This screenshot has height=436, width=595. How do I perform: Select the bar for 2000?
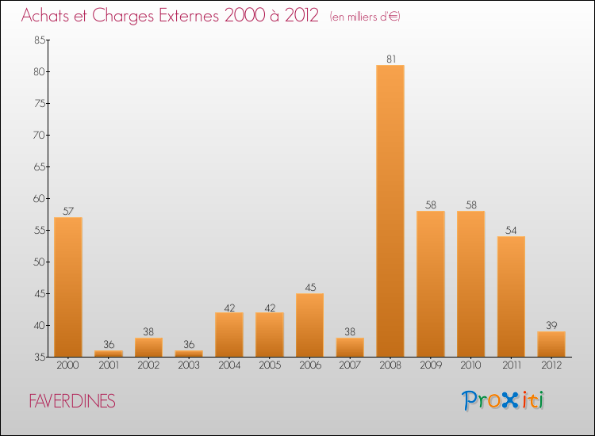[x=68, y=287]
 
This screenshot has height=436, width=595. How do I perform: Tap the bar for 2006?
[x=309, y=325]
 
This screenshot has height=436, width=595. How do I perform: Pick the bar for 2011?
[x=511, y=296]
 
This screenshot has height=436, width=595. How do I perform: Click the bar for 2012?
[x=551, y=344]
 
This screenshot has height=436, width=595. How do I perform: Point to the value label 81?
[x=390, y=59]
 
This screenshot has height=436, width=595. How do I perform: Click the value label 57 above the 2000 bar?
[x=68, y=211]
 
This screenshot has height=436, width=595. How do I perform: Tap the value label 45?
[x=309, y=287]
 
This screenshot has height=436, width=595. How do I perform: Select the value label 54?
[x=511, y=230]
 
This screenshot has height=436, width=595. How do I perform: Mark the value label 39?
[x=551, y=325]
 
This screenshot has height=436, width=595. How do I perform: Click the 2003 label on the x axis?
[x=189, y=365]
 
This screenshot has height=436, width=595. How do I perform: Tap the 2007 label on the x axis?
[x=350, y=365]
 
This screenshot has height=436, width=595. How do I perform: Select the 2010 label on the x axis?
[x=470, y=365]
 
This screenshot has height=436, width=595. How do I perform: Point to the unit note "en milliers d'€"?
[x=366, y=17]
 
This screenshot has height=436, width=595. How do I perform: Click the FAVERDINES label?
[x=71, y=402]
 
